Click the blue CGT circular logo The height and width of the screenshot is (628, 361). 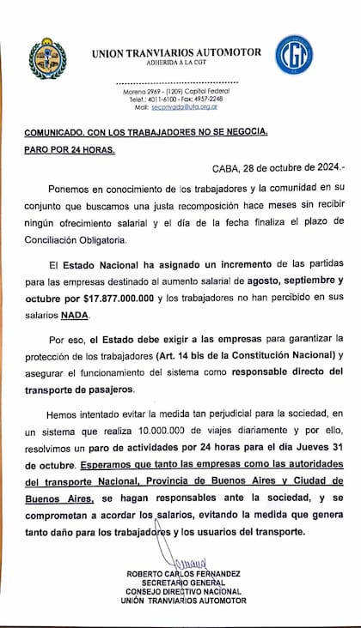(x=294, y=55)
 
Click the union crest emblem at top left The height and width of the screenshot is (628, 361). (x=47, y=58)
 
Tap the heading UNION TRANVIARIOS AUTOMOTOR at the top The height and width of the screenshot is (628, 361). (x=176, y=53)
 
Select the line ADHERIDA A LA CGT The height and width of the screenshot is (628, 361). (x=175, y=63)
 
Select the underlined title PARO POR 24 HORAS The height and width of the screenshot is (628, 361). (x=69, y=149)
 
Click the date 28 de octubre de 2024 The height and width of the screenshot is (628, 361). (x=285, y=169)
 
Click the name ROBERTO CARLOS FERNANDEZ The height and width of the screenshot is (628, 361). (x=184, y=574)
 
